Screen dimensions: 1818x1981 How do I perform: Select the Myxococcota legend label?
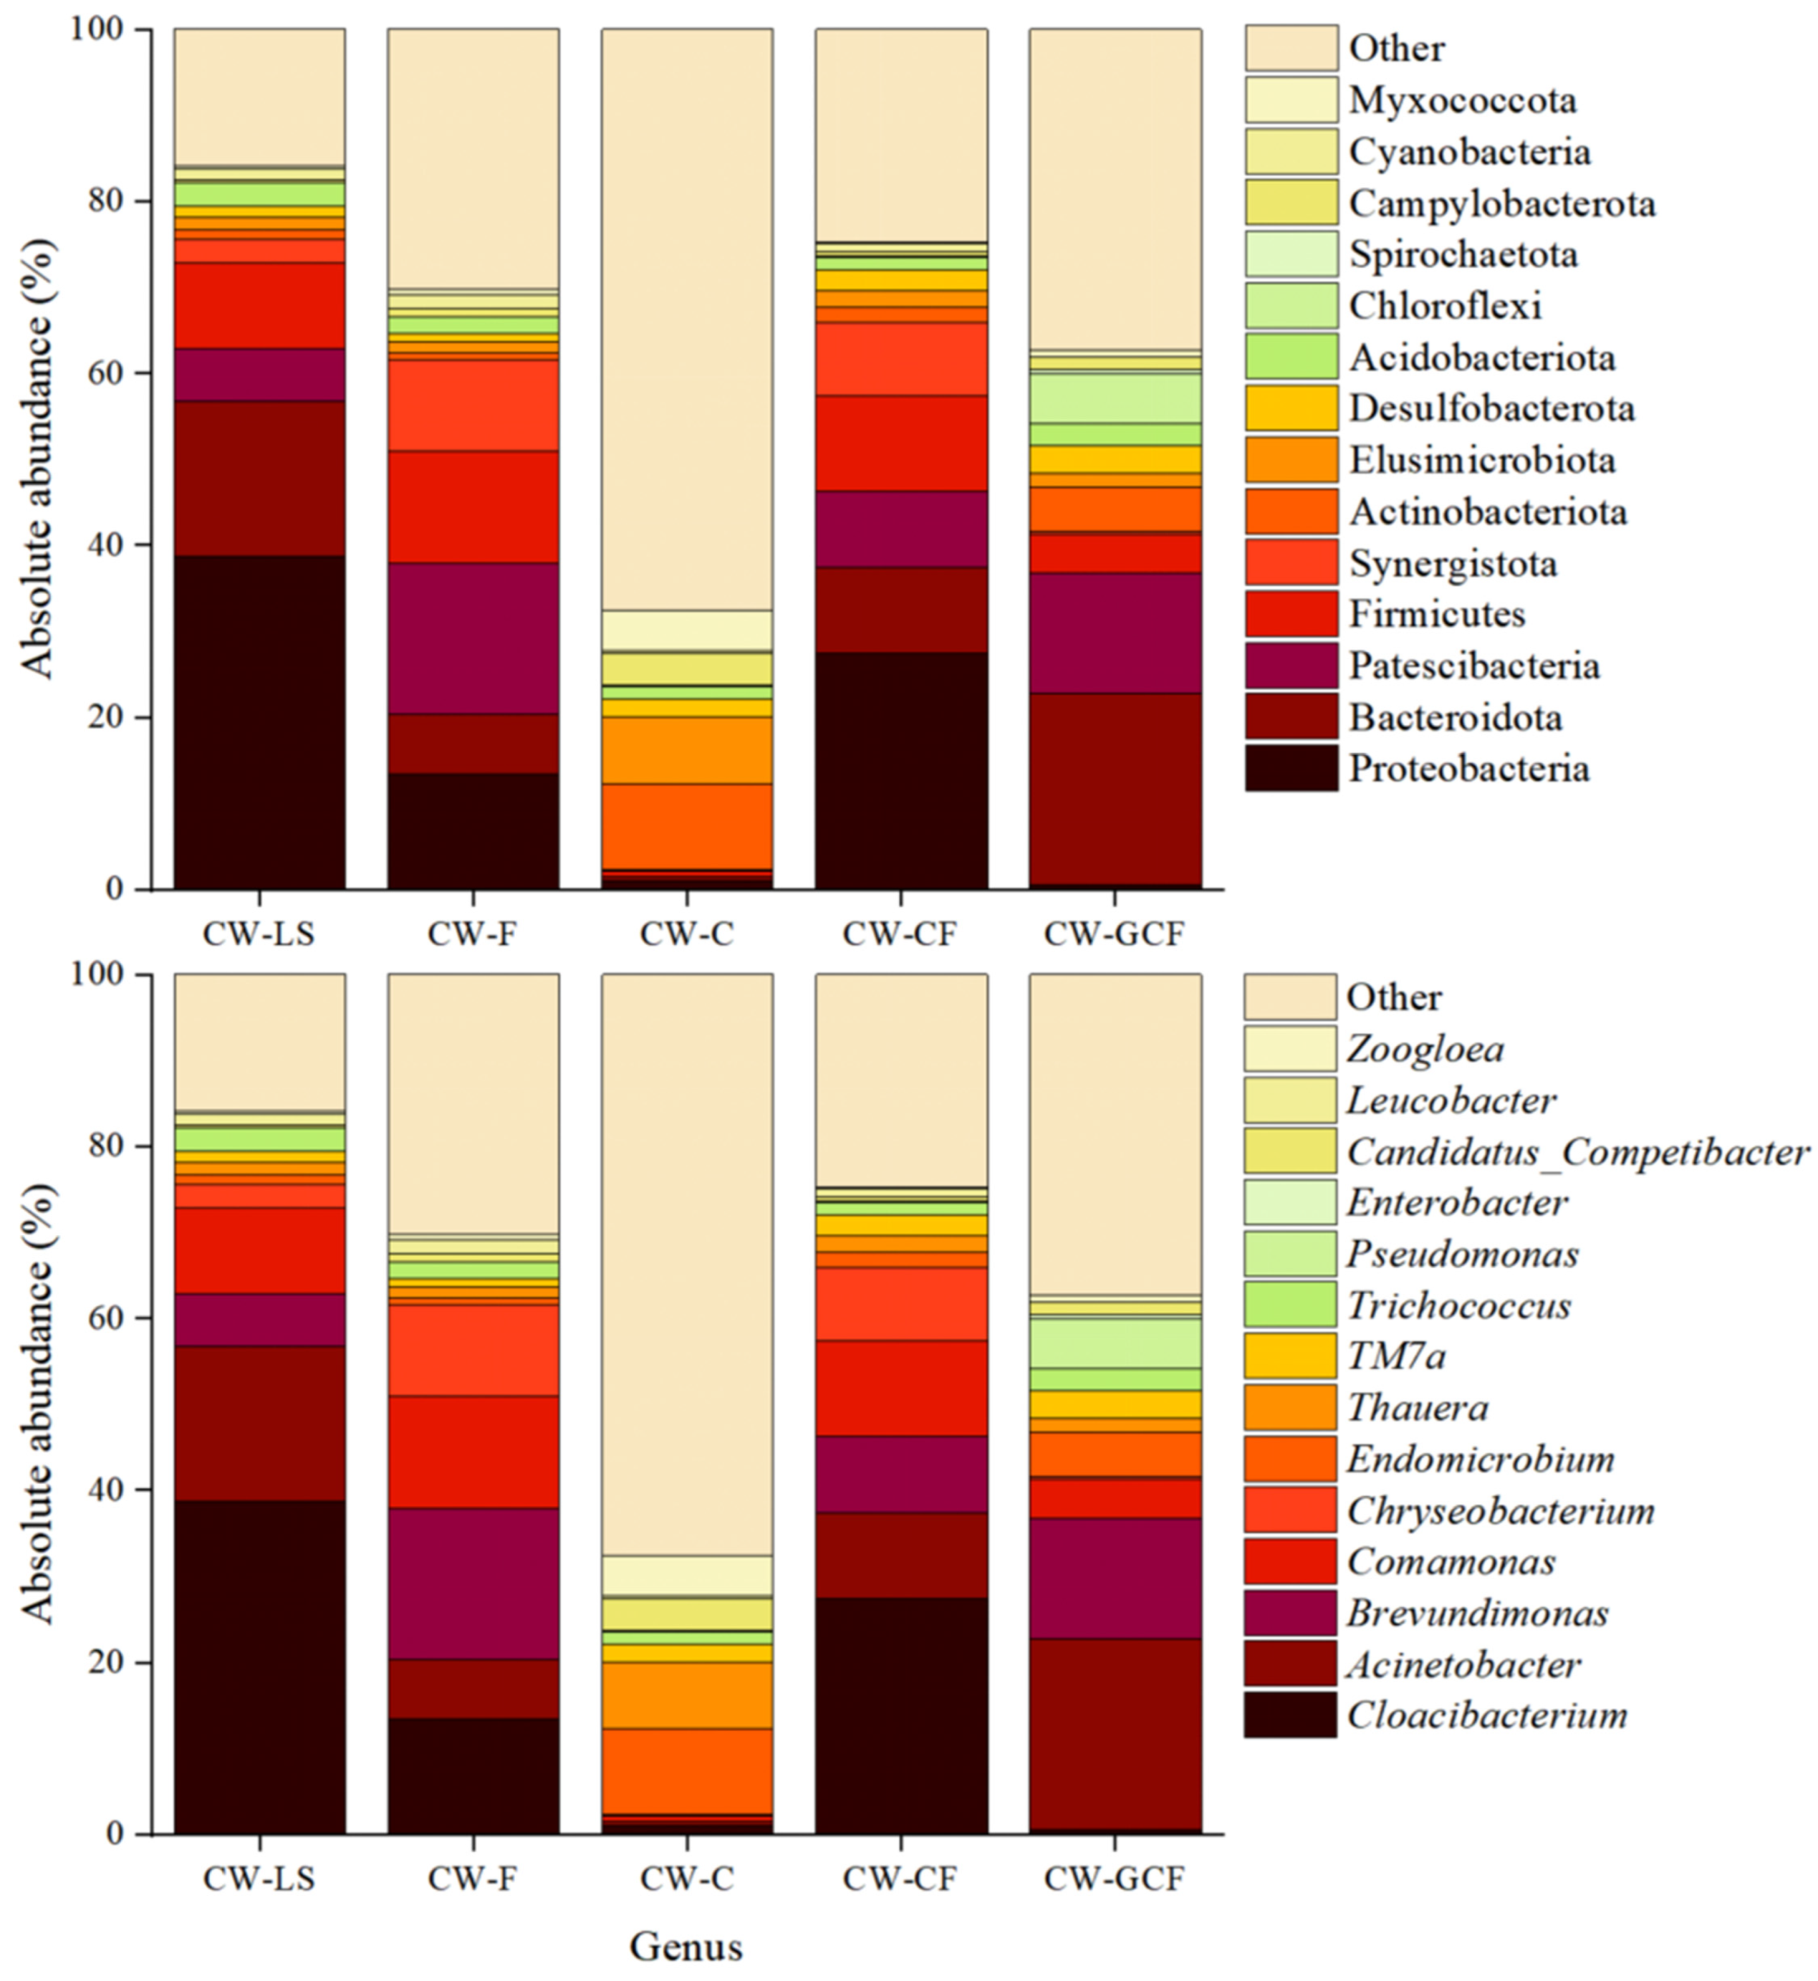(x=1463, y=99)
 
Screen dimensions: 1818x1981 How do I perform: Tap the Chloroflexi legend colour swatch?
(x=1292, y=305)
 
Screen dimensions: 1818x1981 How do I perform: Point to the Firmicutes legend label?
(x=1436, y=614)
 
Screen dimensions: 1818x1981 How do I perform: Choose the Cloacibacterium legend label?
(x=1487, y=1715)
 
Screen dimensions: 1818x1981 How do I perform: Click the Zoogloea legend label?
(x=1425, y=1049)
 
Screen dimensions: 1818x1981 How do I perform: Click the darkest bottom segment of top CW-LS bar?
(x=259, y=723)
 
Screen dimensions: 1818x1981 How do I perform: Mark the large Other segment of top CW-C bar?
(x=687, y=319)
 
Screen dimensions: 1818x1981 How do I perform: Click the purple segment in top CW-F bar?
(x=473, y=638)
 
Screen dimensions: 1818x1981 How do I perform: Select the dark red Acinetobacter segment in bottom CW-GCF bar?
(x=1115, y=1734)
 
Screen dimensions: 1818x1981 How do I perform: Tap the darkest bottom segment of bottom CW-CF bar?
(x=901, y=1715)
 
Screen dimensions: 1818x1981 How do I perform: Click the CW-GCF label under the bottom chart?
(x=1115, y=1879)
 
